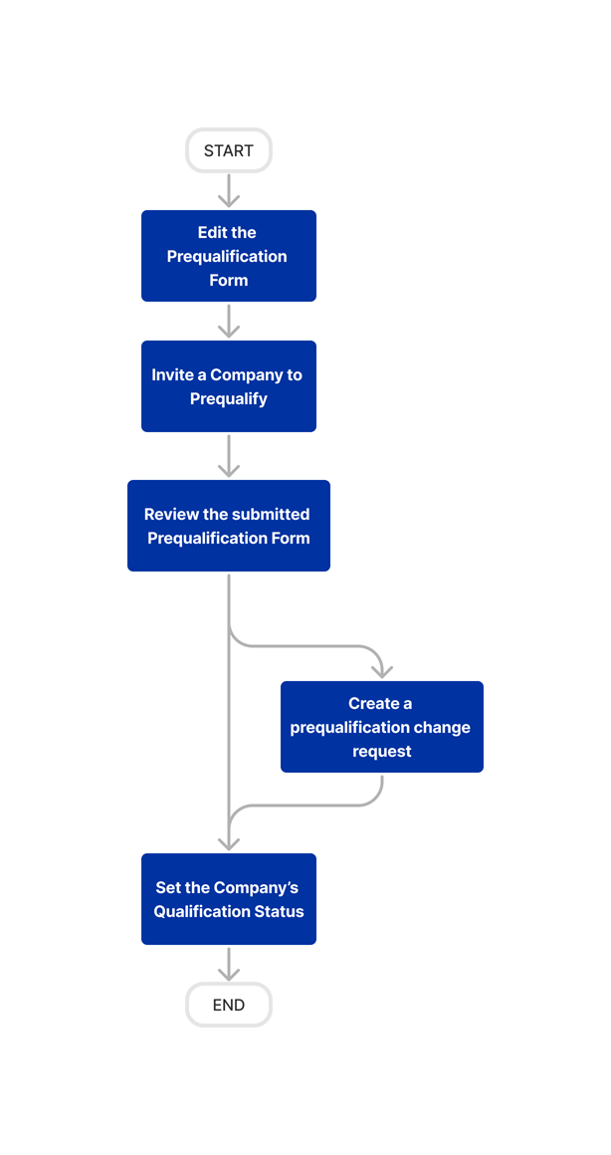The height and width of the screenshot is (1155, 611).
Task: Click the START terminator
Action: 228,150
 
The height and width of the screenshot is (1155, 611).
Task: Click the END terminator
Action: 228,1005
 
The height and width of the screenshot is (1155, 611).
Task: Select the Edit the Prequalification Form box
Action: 228,256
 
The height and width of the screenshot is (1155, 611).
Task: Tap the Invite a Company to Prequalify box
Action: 228,386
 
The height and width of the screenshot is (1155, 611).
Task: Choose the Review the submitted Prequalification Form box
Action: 228,526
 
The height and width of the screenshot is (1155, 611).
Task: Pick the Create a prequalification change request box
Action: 381,727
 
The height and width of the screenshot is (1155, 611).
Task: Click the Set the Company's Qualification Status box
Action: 228,899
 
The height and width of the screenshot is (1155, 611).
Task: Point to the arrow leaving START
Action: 229,190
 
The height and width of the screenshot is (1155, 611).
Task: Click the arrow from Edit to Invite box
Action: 229,321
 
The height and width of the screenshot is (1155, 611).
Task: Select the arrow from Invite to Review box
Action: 229,455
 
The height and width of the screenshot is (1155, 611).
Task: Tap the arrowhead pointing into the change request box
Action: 381,671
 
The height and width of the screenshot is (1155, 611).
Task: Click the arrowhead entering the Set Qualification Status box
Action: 229,842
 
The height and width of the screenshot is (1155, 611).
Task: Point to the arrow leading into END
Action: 229,964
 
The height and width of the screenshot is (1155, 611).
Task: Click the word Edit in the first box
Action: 211,232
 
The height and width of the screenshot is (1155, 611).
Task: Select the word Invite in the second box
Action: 173,375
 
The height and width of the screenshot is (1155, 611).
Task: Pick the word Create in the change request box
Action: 373,704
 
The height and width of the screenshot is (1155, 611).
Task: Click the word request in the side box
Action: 381,752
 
